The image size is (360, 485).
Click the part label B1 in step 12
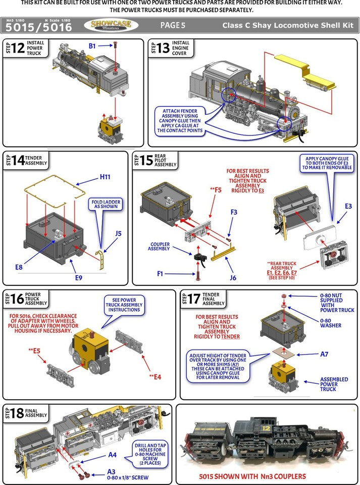tap(92, 46)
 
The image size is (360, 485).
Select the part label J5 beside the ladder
tap(118, 233)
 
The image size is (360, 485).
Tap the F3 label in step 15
tap(233, 213)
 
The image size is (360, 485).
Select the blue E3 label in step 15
tap(348, 207)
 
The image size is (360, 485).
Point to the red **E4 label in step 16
tap(155, 376)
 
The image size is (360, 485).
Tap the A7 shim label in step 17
tap(324, 354)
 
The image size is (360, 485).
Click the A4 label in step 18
tap(112, 455)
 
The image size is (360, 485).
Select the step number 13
tap(164, 48)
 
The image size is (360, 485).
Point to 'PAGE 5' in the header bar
tap(173, 25)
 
